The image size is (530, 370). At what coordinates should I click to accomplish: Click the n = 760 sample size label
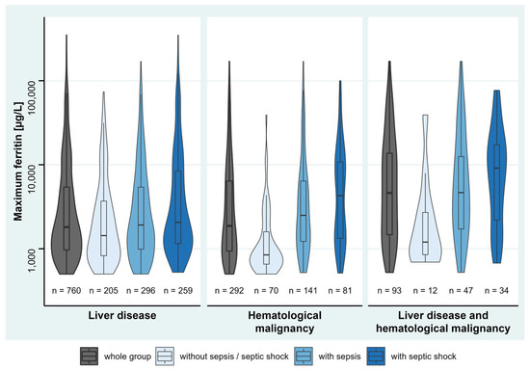pos(66,288)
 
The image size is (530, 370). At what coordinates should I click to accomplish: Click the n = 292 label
pos(229,288)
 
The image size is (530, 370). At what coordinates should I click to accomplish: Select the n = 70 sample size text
pos(266,288)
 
